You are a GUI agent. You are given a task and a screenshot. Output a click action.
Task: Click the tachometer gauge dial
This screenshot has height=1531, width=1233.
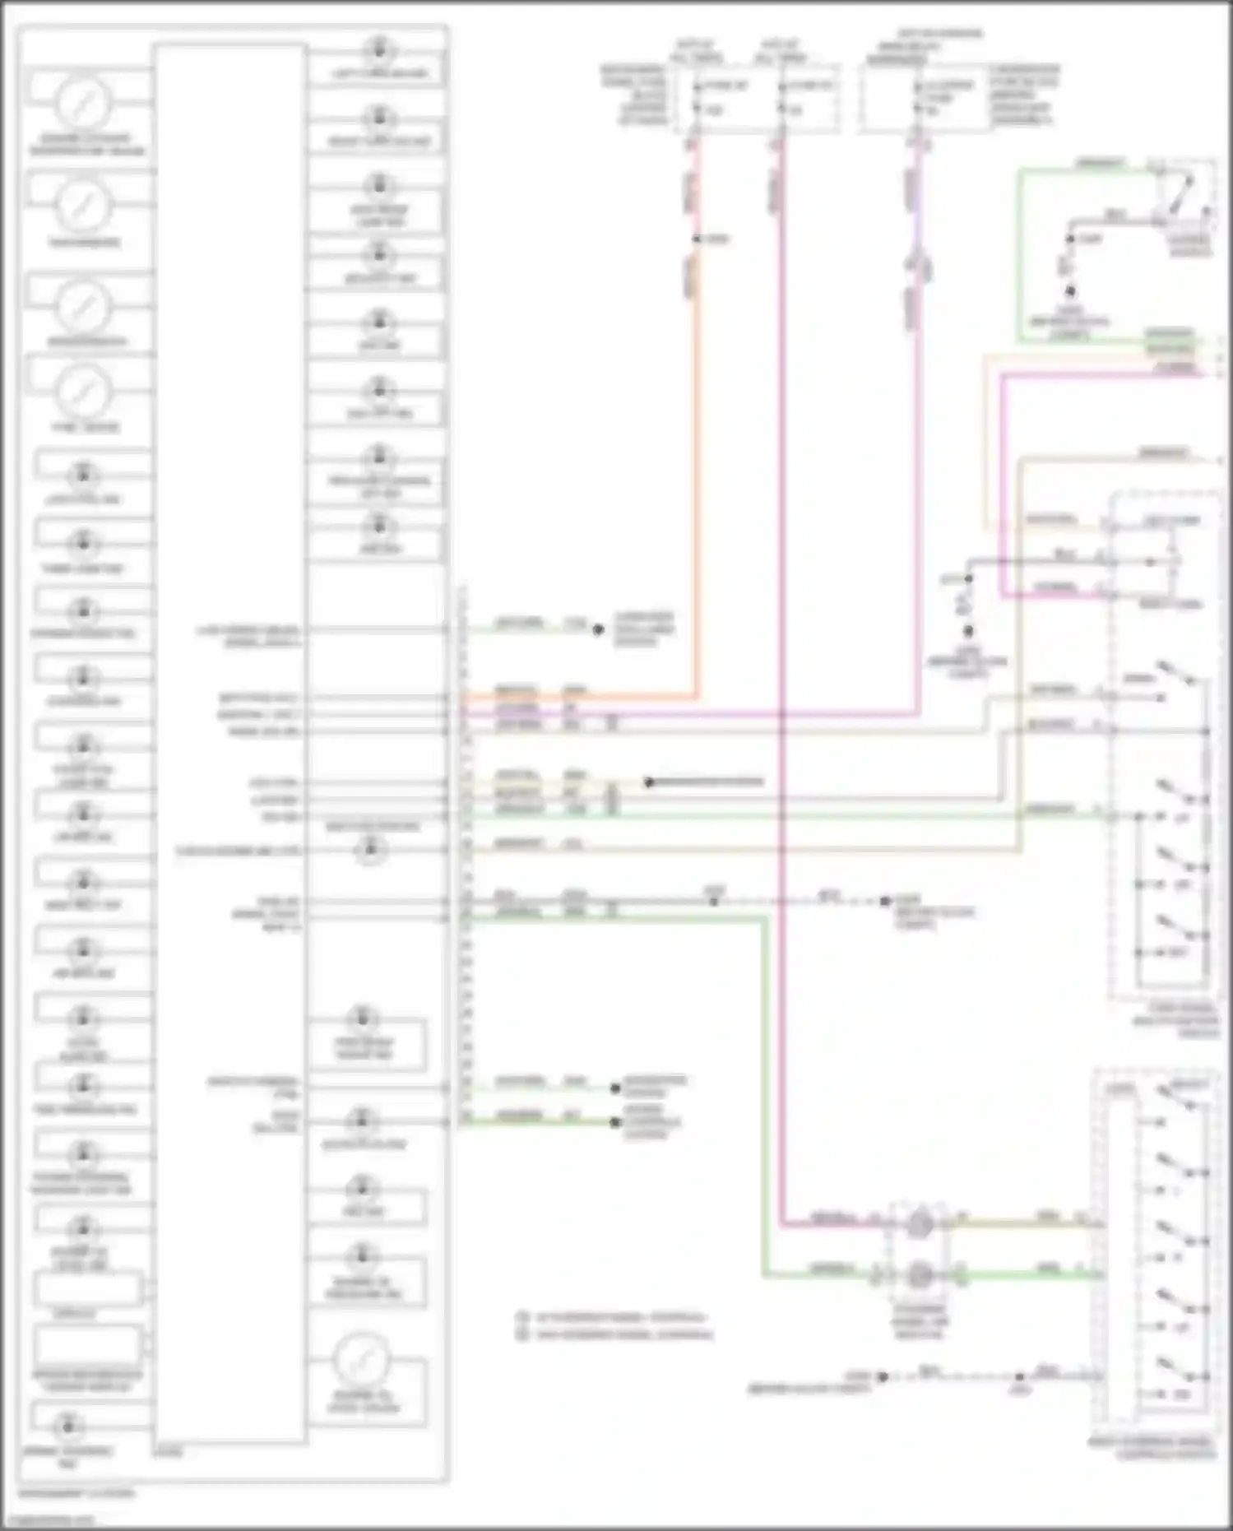[83, 204]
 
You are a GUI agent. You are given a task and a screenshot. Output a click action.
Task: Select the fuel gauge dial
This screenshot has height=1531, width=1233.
[83, 390]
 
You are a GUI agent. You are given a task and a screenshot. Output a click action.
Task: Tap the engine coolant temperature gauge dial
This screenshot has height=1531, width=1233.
[83, 103]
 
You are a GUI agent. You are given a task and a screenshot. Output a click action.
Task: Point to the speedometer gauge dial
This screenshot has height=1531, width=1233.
[83, 304]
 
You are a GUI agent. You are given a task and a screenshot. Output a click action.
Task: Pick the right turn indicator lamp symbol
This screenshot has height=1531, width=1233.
[378, 117]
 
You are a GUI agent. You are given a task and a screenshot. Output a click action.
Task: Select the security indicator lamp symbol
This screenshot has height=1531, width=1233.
[378, 254]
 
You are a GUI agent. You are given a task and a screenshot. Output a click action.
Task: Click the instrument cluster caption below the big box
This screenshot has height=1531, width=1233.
[76, 1492]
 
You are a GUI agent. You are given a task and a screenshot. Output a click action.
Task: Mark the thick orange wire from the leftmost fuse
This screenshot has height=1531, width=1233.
[696, 494]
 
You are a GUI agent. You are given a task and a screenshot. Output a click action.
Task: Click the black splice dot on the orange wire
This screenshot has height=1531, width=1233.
[696, 239]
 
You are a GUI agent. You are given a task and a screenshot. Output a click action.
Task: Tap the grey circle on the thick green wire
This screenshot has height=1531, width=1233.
[920, 1275]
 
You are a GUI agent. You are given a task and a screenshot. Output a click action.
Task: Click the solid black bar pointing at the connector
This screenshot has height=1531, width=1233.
[706, 782]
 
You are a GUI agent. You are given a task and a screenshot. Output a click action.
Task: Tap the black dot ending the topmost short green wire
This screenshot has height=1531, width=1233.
[599, 629]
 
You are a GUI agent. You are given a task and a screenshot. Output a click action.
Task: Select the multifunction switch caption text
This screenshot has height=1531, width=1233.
[1175, 1020]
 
